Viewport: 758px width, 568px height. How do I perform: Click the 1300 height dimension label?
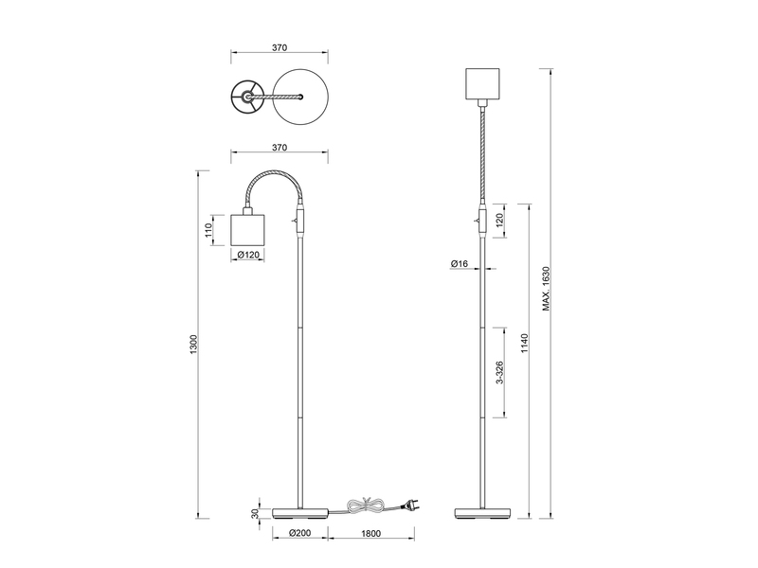pyautogui.click(x=194, y=342)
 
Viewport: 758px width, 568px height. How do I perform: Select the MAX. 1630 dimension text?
pyautogui.click(x=547, y=290)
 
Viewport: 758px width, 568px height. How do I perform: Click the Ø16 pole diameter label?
pyautogui.click(x=460, y=262)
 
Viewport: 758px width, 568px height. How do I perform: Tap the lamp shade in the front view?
pyautogui.click(x=485, y=83)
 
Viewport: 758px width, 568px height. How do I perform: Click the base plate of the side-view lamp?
pyautogui.click(x=300, y=513)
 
